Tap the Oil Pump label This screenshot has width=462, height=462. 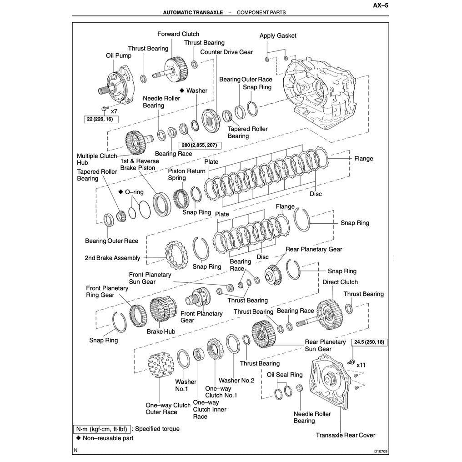click(119, 55)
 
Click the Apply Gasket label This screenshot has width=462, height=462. click(278, 35)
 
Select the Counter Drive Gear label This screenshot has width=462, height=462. click(226, 52)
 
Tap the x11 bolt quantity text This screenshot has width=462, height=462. click(362, 365)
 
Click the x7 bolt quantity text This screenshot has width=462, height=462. click(114, 111)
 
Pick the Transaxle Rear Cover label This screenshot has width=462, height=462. click(346, 435)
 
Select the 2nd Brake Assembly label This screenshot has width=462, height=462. click(112, 258)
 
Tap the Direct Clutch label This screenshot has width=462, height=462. click(340, 282)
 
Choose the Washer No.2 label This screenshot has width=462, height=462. click(236, 380)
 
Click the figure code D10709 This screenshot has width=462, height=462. click(377, 452)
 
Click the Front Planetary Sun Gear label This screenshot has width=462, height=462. click(150, 278)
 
